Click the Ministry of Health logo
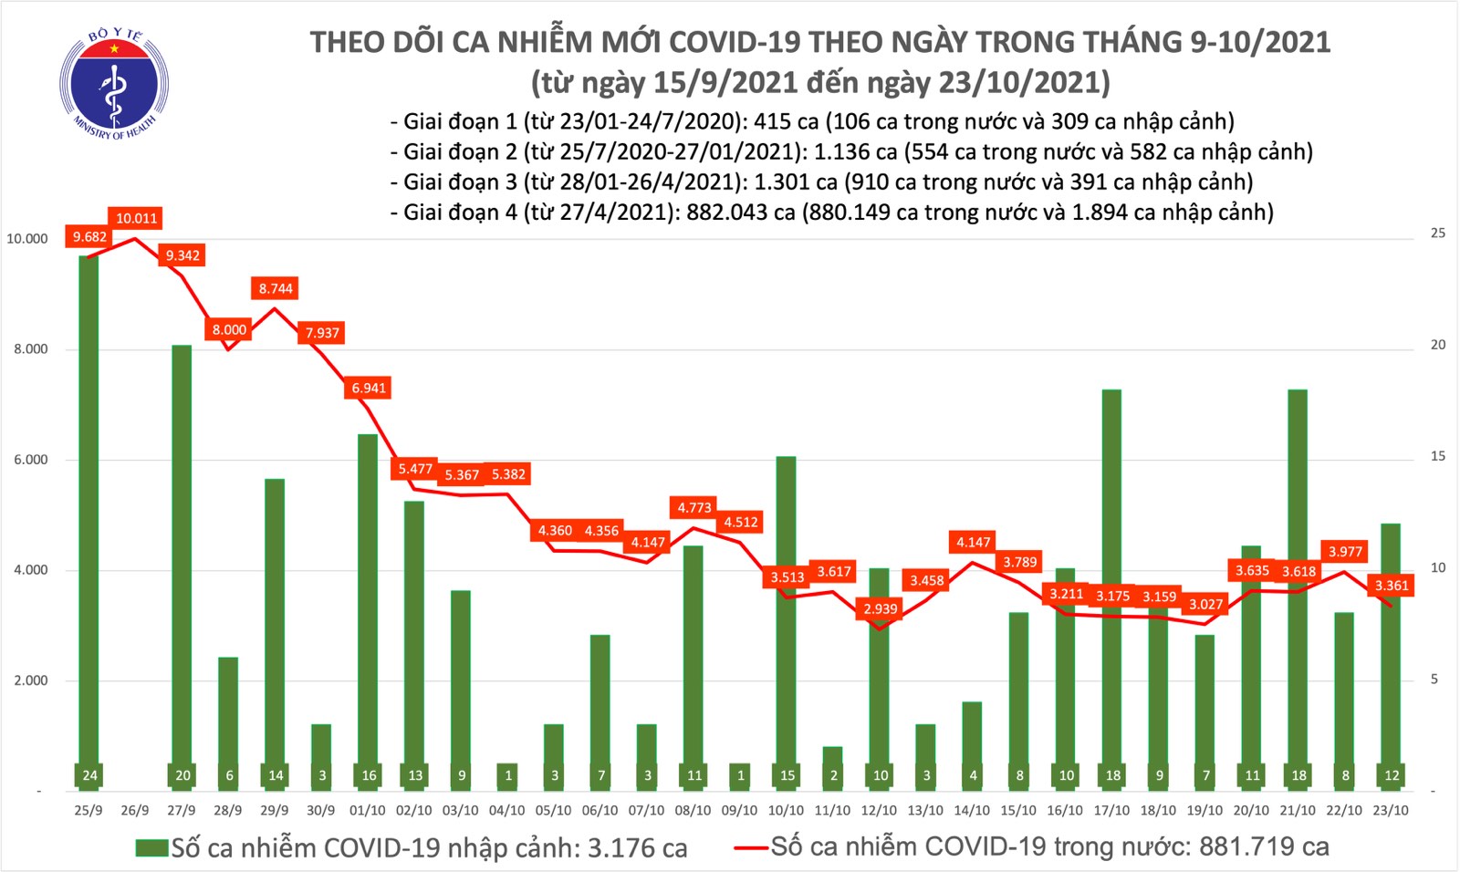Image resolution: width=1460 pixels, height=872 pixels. click(114, 85)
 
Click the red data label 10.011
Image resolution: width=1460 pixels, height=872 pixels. click(136, 218)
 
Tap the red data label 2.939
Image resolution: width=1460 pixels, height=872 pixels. click(881, 608)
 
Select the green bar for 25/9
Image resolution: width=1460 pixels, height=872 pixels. click(89, 511)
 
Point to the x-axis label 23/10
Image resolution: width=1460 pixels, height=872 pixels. click(1391, 810)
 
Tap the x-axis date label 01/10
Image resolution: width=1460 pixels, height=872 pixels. click(368, 810)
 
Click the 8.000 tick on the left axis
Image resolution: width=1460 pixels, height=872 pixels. click(31, 349)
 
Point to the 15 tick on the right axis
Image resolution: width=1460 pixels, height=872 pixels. click(1437, 456)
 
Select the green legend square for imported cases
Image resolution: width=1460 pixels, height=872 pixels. click(151, 848)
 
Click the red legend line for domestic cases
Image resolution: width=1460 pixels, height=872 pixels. click(750, 848)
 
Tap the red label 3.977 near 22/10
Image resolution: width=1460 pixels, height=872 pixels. click(1345, 551)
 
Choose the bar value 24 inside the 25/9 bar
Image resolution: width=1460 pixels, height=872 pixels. click(89, 775)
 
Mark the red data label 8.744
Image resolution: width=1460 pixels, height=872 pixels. click(276, 288)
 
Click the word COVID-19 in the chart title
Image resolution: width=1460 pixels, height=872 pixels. click(735, 42)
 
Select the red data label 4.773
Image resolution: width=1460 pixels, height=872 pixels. click(694, 507)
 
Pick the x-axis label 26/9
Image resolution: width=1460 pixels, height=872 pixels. click(135, 810)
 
